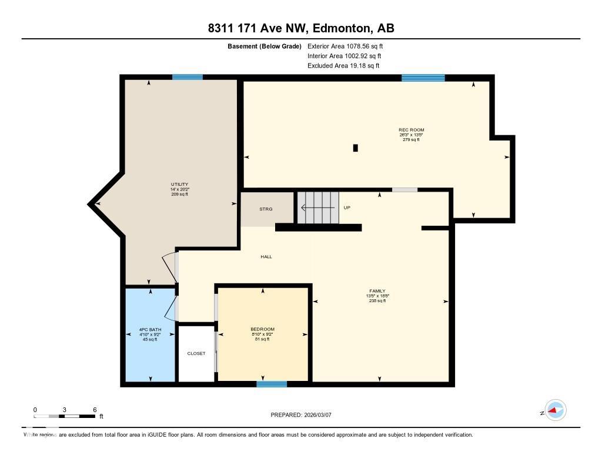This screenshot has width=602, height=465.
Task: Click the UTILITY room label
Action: click(x=179, y=185)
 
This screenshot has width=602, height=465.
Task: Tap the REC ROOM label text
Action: click(x=411, y=130)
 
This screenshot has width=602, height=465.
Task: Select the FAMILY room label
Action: click(x=377, y=291)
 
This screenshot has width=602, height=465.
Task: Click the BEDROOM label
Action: click(x=262, y=329)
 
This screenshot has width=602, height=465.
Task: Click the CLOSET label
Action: click(x=196, y=353)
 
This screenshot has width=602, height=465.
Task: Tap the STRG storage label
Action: click(x=266, y=209)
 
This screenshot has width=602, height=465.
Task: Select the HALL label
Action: click(x=266, y=256)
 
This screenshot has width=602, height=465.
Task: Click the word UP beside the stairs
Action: click(x=347, y=208)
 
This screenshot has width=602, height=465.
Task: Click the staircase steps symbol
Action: click(x=318, y=208)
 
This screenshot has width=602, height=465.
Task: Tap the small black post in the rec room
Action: click(x=355, y=148)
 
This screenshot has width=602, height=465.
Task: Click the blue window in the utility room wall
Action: click(x=188, y=77)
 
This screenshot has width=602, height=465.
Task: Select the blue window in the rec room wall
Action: click(x=423, y=78)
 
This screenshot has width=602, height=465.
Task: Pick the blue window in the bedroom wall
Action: click(x=272, y=384)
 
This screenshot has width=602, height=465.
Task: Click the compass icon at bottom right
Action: click(x=555, y=410)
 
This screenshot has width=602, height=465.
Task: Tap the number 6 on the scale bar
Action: click(x=94, y=409)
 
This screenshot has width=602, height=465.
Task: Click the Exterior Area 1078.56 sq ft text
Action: click(x=345, y=46)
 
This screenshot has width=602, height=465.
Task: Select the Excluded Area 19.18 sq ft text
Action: click(x=343, y=66)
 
